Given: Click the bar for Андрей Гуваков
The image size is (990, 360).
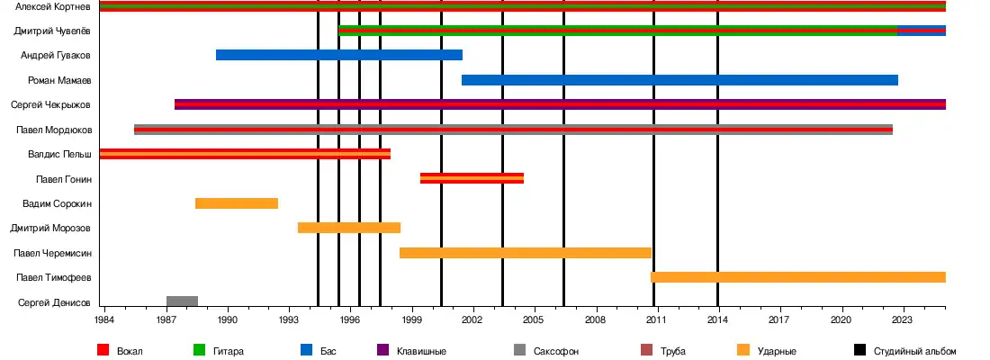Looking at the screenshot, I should pyautogui.click(x=338, y=55).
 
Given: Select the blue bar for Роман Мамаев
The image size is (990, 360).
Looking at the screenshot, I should pyautogui.click(x=679, y=80).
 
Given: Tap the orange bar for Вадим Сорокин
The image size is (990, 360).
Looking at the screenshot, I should pyautogui.click(x=237, y=203).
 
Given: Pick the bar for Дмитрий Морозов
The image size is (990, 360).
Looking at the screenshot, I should pyautogui.click(x=349, y=228).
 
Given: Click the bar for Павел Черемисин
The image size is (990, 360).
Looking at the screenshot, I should pyautogui.click(x=526, y=253).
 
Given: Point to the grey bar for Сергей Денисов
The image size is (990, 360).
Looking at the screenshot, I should pyautogui.click(x=182, y=301).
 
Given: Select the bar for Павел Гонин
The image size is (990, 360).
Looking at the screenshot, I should pyautogui.click(x=472, y=178).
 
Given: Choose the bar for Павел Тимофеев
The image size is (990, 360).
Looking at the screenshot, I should pyautogui.click(x=797, y=277).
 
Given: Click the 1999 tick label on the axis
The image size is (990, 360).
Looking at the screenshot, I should pyautogui.click(x=412, y=319).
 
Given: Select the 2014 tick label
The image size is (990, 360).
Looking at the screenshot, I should pyautogui.click(x=718, y=319).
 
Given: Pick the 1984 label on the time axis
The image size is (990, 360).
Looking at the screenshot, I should pyautogui.click(x=105, y=319).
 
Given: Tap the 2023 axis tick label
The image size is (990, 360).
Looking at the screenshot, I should pyautogui.click(x=903, y=319).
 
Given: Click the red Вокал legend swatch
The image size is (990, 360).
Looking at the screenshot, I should pyautogui.click(x=103, y=351).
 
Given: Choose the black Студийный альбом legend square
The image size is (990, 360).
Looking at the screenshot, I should pyautogui.click(x=859, y=351).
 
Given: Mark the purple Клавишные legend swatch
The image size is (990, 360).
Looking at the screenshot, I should pyautogui.click(x=382, y=351).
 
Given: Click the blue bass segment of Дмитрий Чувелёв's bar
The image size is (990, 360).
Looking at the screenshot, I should pyautogui.click(x=922, y=31).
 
